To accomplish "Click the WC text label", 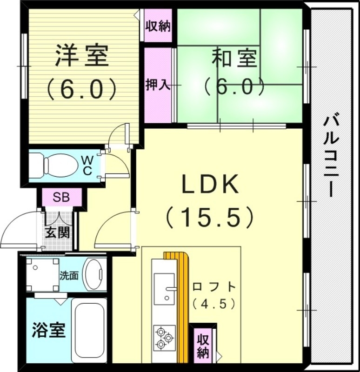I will click(87, 165).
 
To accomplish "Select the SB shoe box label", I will click(61, 196).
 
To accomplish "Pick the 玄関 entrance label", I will click(57, 232).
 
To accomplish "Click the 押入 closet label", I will click(157, 85).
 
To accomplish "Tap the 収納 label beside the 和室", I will click(157, 26).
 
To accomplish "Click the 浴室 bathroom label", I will click(48, 331).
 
